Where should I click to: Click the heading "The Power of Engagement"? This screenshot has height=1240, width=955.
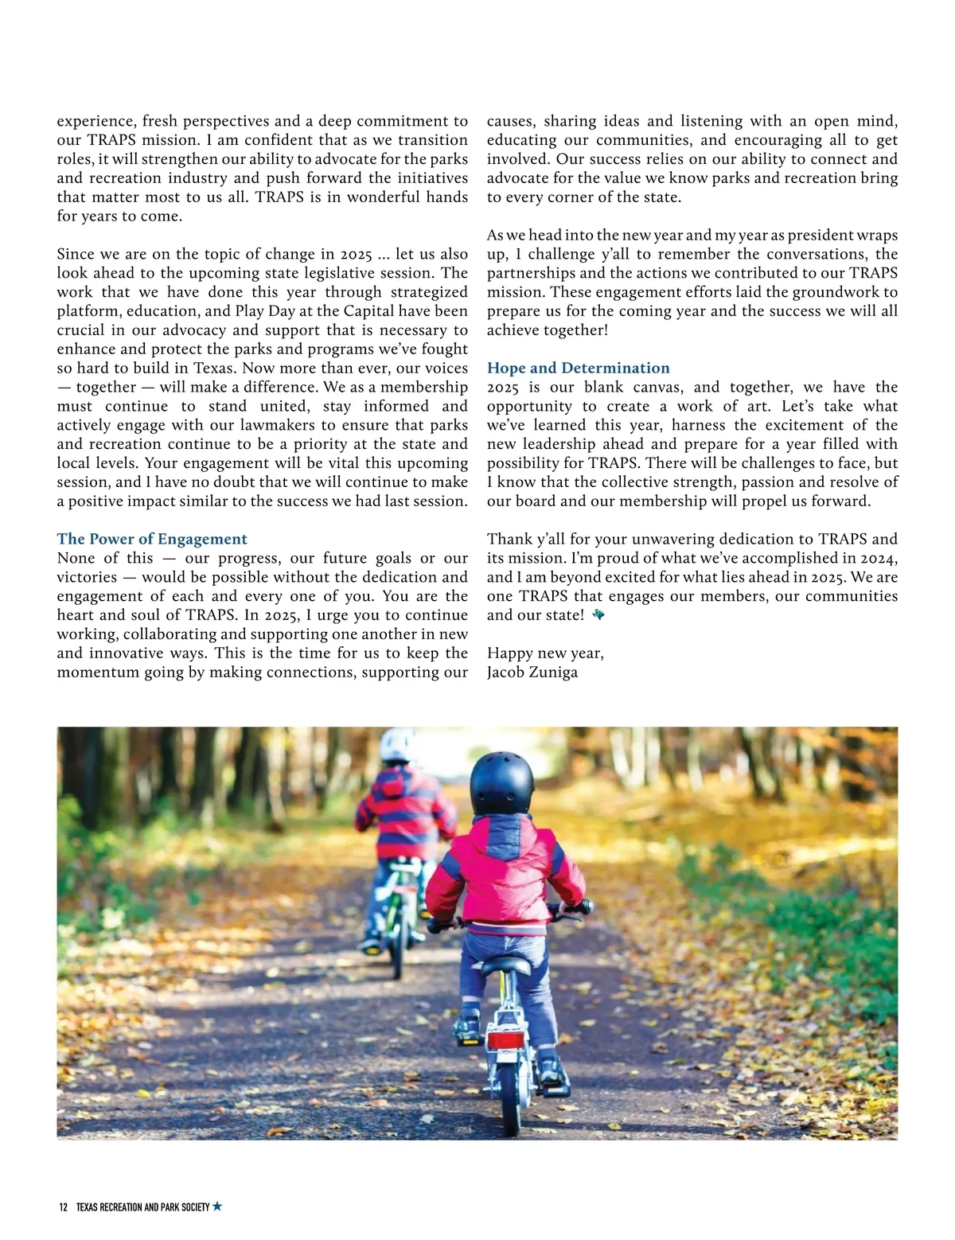click(x=152, y=539)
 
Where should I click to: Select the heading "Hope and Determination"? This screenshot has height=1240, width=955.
click(x=578, y=368)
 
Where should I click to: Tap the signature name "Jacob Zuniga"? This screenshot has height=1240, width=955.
click(x=532, y=672)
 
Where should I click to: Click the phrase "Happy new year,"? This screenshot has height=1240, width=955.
click(x=545, y=653)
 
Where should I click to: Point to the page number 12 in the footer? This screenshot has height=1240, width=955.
click(x=64, y=1207)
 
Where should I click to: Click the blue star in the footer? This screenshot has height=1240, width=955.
click(x=217, y=1207)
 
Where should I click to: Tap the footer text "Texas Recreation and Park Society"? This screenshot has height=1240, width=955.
click(x=142, y=1207)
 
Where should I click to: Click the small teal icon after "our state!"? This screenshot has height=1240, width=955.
click(x=598, y=614)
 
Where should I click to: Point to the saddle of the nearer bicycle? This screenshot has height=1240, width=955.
click(x=504, y=965)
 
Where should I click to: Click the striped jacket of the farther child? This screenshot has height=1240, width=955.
click(x=406, y=812)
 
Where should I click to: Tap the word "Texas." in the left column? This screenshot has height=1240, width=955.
click(x=212, y=368)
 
